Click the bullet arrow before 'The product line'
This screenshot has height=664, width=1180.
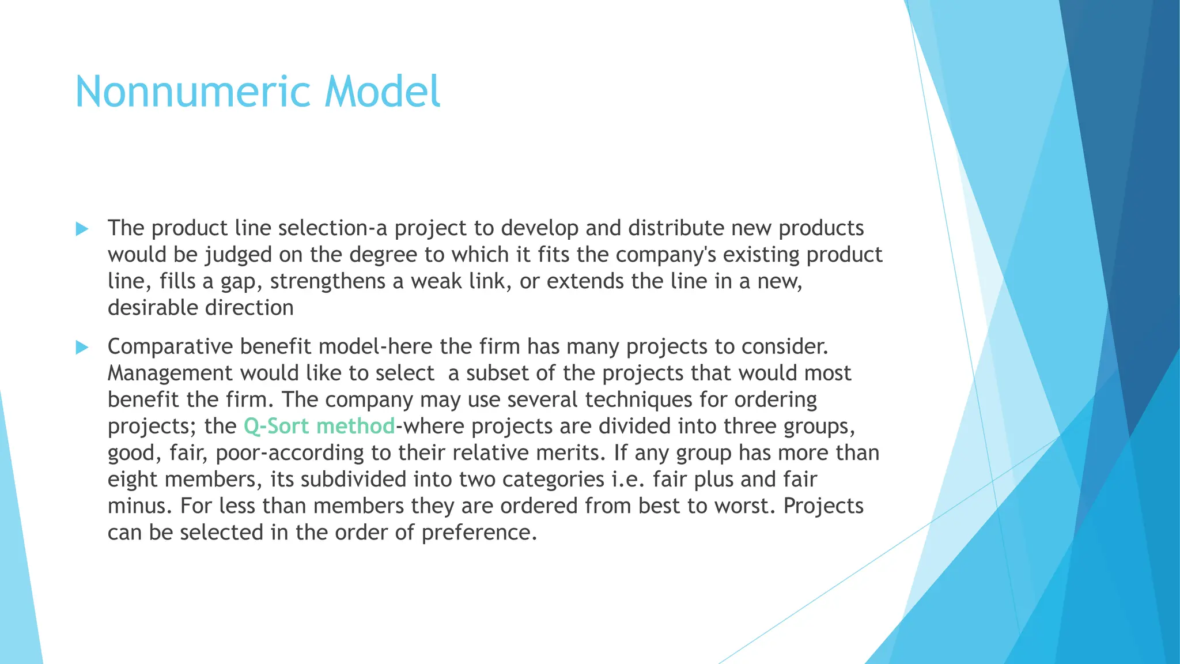coord(82,229)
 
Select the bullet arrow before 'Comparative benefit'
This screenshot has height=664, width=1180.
coord(82,347)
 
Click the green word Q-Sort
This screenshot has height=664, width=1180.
coord(277,427)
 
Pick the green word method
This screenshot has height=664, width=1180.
coord(355,427)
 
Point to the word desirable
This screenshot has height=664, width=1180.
coord(153,308)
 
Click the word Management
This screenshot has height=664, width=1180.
coord(171,373)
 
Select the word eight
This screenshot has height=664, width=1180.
coord(133,480)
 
